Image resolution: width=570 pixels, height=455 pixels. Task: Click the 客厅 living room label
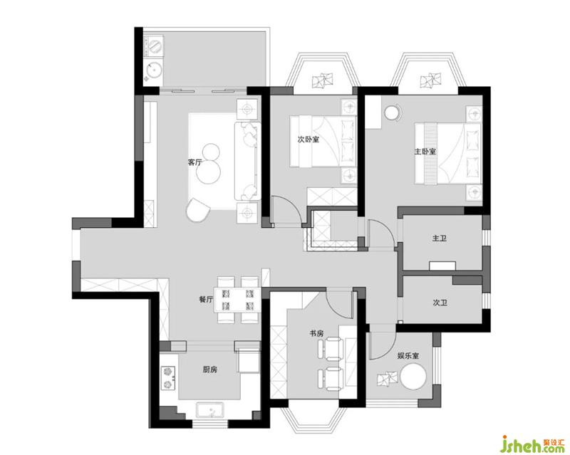coord(195,162)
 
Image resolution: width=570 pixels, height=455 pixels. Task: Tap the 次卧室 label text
coord(309,139)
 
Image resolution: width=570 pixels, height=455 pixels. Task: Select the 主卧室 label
coord(425,151)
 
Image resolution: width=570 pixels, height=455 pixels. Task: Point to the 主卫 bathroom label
coord(440,239)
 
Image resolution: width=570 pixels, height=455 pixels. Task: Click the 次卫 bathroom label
coord(440,303)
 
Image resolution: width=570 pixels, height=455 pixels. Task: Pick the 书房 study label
coord(316,333)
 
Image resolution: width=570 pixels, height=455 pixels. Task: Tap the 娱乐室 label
coord(408,355)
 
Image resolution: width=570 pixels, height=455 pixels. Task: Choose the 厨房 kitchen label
coord(209,370)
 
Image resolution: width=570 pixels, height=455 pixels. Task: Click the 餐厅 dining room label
coord(206,300)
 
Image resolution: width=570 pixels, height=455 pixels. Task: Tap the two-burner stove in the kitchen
coord(168,378)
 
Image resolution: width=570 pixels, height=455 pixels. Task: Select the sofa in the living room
coord(247,161)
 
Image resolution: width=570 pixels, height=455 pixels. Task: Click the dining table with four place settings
coord(237,300)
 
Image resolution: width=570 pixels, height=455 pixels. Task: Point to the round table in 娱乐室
coord(413,376)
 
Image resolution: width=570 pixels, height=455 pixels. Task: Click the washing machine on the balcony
coord(155,46)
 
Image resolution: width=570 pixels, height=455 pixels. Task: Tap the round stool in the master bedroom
coord(392,113)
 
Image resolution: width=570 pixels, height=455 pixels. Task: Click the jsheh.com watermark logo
coord(533,444)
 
